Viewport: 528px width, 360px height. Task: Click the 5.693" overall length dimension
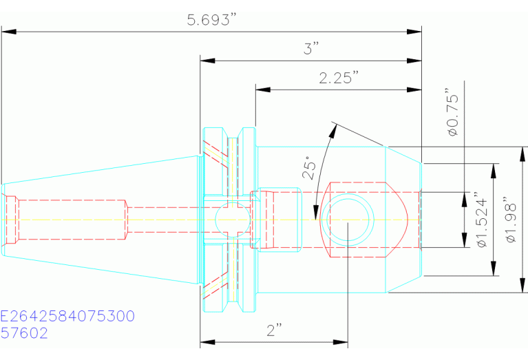[213, 20]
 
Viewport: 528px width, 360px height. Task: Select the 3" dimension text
[311, 48]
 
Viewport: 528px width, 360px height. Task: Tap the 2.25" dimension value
[339, 78]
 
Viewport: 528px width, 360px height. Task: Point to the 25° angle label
[310, 167]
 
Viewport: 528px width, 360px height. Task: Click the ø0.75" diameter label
[453, 112]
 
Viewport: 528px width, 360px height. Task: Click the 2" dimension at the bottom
[274, 330]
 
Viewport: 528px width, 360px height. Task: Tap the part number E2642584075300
[67, 316]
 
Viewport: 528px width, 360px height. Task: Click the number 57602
[24, 333]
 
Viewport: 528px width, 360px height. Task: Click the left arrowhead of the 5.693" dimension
[9, 32]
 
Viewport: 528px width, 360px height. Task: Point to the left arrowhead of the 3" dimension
[207, 61]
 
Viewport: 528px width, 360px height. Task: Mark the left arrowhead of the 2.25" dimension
[263, 90]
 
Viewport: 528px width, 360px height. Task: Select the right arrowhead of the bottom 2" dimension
[341, 343]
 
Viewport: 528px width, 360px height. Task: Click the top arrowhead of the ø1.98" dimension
[522, 154]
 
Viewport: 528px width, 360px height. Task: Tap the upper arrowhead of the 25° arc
[333, 131]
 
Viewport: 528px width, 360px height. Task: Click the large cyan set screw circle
[348, 220]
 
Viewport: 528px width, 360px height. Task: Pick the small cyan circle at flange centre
[233, 220]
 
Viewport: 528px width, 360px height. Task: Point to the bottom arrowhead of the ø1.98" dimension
[522, 285]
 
